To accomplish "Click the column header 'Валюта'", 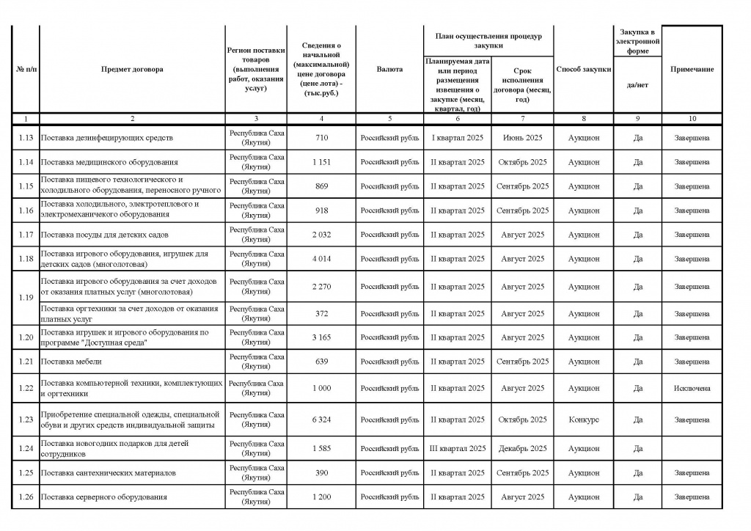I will [389, 69].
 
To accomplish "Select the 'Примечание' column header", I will [692, 69].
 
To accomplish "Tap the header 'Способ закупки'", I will [583, 69].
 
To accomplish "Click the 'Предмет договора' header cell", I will [133, 69].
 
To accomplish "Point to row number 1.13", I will [26, 138].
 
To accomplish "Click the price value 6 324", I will [321, 420].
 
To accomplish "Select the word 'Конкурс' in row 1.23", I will [583, 420].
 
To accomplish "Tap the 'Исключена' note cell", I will [692, 388].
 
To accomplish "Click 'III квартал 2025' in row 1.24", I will [457, 448].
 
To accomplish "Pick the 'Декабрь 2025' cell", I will [522, 448].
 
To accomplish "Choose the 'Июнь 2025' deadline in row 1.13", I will [522, 138].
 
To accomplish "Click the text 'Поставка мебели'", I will [71, 362].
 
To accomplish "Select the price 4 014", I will [321, 259].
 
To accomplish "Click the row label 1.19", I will [26, 298].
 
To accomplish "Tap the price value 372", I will [321, 314].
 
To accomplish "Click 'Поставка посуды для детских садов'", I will [104, 235].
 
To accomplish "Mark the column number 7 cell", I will [522, 118].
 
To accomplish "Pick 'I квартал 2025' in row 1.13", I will [457, 138].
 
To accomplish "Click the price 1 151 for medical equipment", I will [321, 162].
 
